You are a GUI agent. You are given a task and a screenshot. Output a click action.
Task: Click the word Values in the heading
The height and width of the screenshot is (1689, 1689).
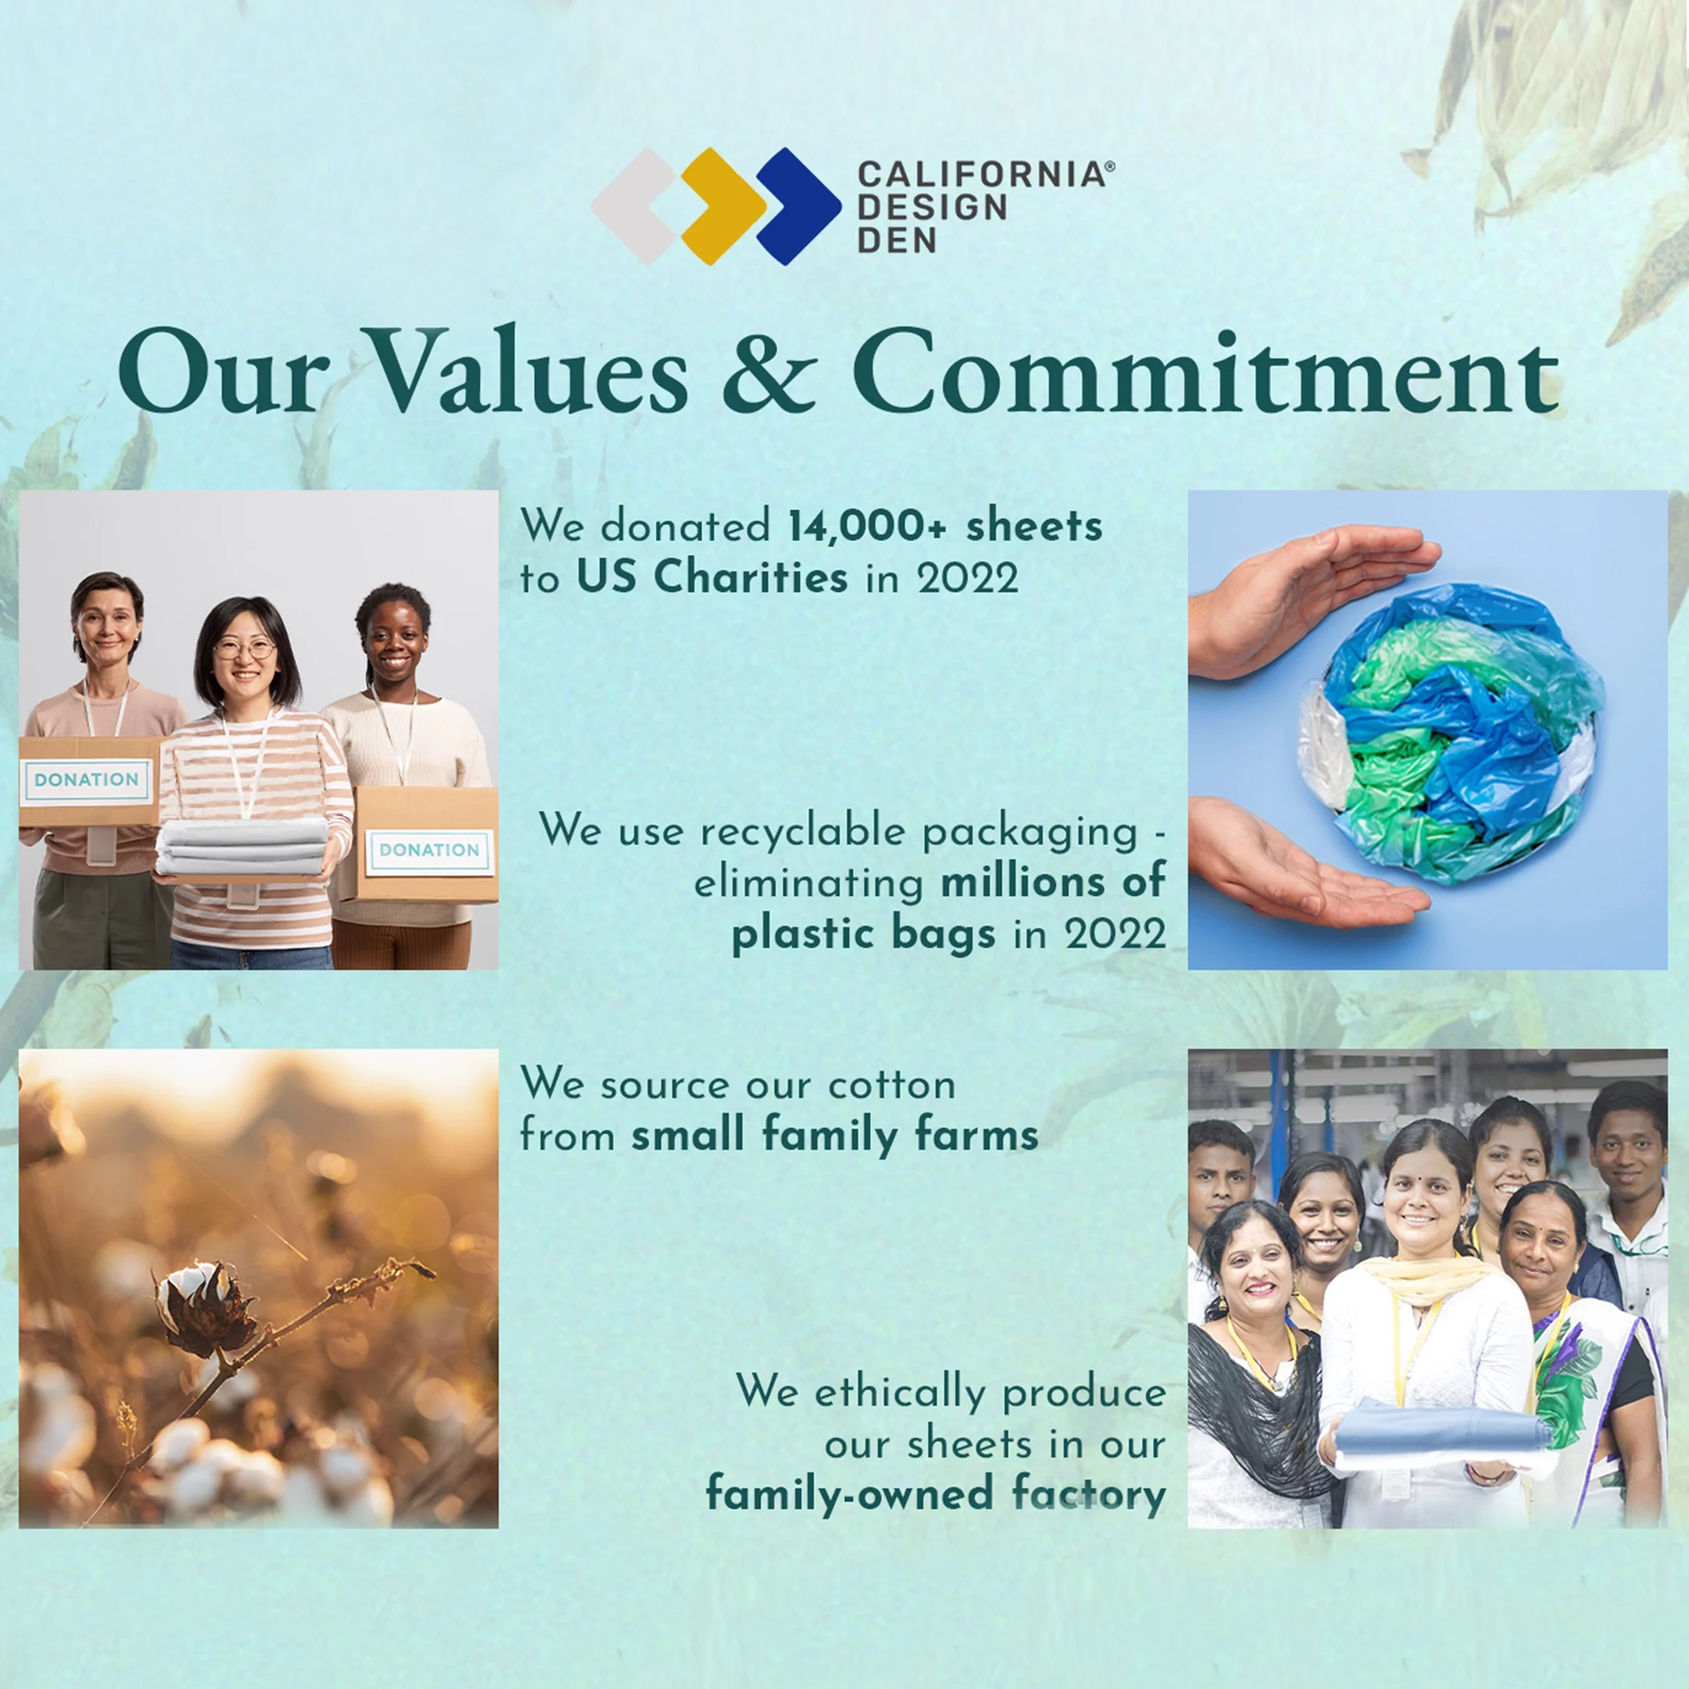(531, 372)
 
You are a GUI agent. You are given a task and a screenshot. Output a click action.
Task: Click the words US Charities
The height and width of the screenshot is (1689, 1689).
(712, 577)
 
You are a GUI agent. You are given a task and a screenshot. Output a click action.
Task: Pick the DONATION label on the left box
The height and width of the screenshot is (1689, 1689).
(87, 780)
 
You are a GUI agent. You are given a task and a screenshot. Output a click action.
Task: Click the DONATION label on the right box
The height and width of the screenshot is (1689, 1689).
(429, 851)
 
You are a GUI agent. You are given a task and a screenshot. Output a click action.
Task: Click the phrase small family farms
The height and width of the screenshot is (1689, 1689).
(835, 1135)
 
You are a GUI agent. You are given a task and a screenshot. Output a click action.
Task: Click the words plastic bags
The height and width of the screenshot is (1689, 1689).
(864, 934)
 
